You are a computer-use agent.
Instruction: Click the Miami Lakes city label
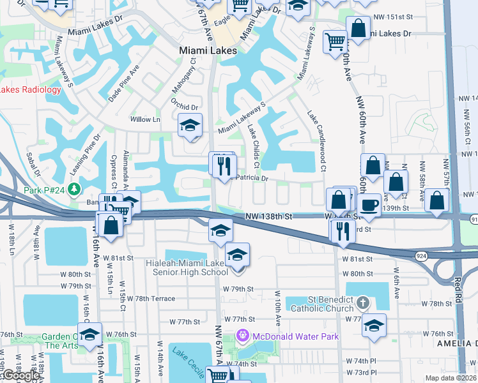click(208, 50)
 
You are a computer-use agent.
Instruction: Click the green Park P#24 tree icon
click(75, 189)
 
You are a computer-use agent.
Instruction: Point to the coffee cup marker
click(370, 205)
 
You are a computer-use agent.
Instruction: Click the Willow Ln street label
click(145, 119)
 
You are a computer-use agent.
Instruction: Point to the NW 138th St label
click(269, 217)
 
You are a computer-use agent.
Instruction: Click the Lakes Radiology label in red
click(31, 89)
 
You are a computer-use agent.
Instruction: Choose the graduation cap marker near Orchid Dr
click(190, 125)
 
